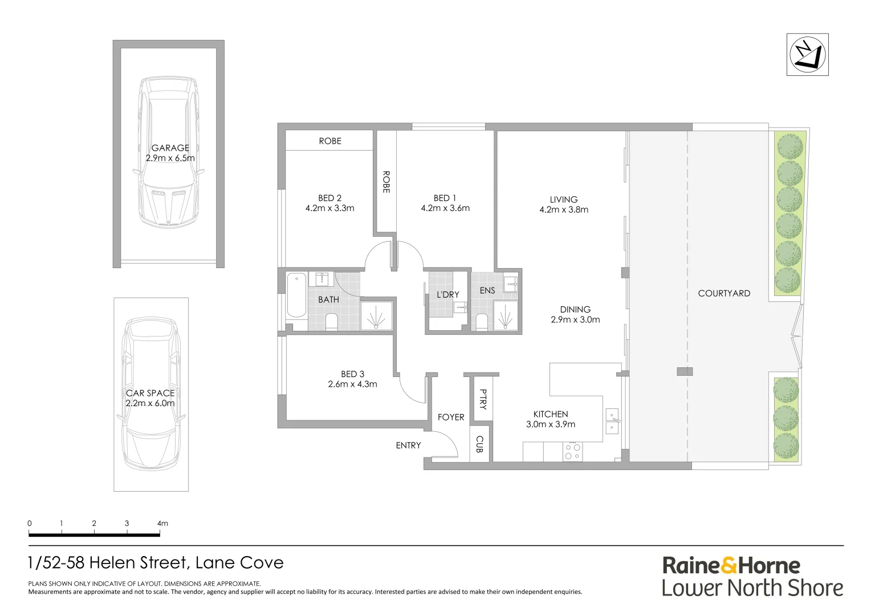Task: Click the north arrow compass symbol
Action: pyautogui.click(x=807, y=55)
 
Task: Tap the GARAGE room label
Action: pyautogui.click(x=170, y=148)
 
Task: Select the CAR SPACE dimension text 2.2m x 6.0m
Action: pyautogui.click(x=150, y=403)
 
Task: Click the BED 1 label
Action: pyautogui.click(x=445, y=198)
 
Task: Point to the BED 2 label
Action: pyautogui.click(x=329, y=198)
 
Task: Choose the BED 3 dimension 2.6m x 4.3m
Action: pyautogui.click(x=352, y=384)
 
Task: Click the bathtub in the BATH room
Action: pyautogui.click(x=296, y=295)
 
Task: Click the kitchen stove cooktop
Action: pyautogui.click(x=572, y=452)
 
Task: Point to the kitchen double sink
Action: pyautogui.click(x=612, y=422)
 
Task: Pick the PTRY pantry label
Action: pyautogui.click(x=483, y=399)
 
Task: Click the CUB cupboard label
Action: pyautogui.click(x=479, y=444)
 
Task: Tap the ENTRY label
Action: pyautogui.click(x=408, y=445)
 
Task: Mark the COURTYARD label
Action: pyautogui.click(x=724, y=293)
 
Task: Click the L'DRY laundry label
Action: pyautogui.click(x=447, y=294)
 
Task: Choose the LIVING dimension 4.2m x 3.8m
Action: pyautogui.click(x=564, y=210)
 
